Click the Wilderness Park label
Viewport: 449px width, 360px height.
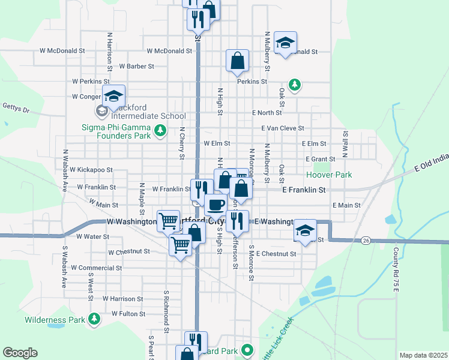tap(55, 320)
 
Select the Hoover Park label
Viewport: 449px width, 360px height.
tap(328, 175)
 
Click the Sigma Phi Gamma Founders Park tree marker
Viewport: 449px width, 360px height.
tap(160, 130)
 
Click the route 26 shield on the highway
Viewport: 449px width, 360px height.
tap(365, 241)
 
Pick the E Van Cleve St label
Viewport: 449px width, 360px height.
tap(283, 128)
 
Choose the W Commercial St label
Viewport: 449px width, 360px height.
tap(96, 268)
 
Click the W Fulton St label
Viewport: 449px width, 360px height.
tap(124, 314)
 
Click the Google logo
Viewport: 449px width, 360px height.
tap(20, 353)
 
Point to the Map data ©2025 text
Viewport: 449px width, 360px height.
tap(423, 355)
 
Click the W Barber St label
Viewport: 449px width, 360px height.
tap(137, 66)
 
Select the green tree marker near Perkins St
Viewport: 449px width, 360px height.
tap(294, 84)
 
